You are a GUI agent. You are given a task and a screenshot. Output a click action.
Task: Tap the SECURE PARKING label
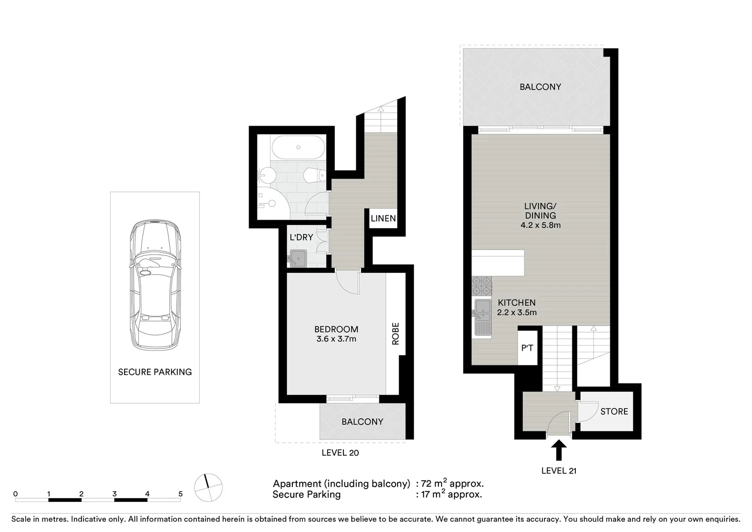pyautogui.click(x=155, y=372)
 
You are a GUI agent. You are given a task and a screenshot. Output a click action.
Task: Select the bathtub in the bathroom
pyautogui.click(x=298, y=147)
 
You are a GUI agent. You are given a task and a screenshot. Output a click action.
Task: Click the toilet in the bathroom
pyautogui.click(x=313, y=175)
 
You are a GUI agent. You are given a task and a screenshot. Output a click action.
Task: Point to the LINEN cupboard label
pyautogui.click(x=383, y=218)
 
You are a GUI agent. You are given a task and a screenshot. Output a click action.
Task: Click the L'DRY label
pyautogui.click(x=301, y=237)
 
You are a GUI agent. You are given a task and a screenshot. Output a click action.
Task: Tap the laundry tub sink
pyautogui.click(x=298, y=258)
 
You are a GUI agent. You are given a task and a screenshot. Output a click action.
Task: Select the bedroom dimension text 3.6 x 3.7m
pyautogui.click(x=336, y=339)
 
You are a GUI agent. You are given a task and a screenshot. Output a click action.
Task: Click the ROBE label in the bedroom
pyautogui.click(x=395, y=333)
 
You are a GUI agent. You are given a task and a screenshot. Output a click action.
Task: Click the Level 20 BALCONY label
pyautogui.click(x=362, y=422)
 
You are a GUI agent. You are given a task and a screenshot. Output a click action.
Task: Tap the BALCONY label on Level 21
pyautogui.click(x=540, y=87)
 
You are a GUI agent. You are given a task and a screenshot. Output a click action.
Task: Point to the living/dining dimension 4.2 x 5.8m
pyautogui.click(x=540, y=225)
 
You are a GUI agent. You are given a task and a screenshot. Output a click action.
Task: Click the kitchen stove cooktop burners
pyautogui.click(x=482, y=286)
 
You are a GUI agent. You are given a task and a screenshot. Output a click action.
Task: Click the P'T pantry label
pyautogui.click(x=527, y=348)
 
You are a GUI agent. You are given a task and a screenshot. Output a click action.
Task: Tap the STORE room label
pyautogui.click(x=614, y=411)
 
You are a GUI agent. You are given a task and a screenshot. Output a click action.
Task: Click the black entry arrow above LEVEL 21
pyautogui.click(x=559, y=450)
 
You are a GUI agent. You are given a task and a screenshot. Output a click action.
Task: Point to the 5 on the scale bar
pyautogui.click(x=181, y=494)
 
